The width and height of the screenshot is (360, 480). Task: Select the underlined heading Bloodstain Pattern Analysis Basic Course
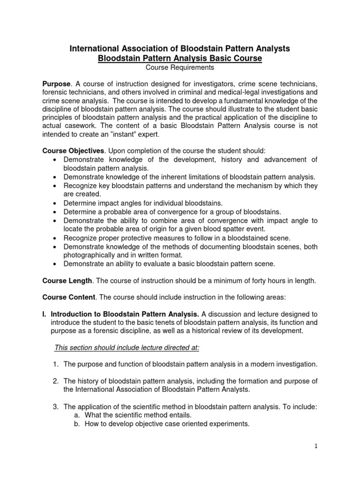(180, 58)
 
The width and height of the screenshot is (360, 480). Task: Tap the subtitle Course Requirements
(180, 67)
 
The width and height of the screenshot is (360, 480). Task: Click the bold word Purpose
(56, 83)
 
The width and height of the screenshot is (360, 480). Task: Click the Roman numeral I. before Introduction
(45, 314)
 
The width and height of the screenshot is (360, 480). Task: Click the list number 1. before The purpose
(56, 364)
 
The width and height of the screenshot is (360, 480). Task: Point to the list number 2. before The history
(56, 380)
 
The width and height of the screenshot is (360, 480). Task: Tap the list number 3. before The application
(56, 406)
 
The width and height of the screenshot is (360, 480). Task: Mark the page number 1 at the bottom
(316, 447)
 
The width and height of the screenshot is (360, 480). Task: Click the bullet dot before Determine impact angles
(56, 203)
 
